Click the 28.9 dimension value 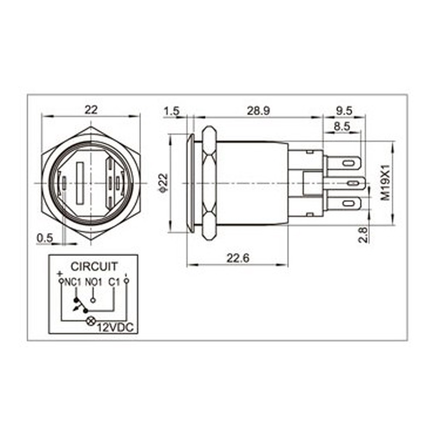click(258, 111)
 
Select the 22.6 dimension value click(238, 258)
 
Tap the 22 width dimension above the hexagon click(91, 109)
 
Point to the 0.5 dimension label click(45, 238)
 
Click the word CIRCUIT click(94, 266)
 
